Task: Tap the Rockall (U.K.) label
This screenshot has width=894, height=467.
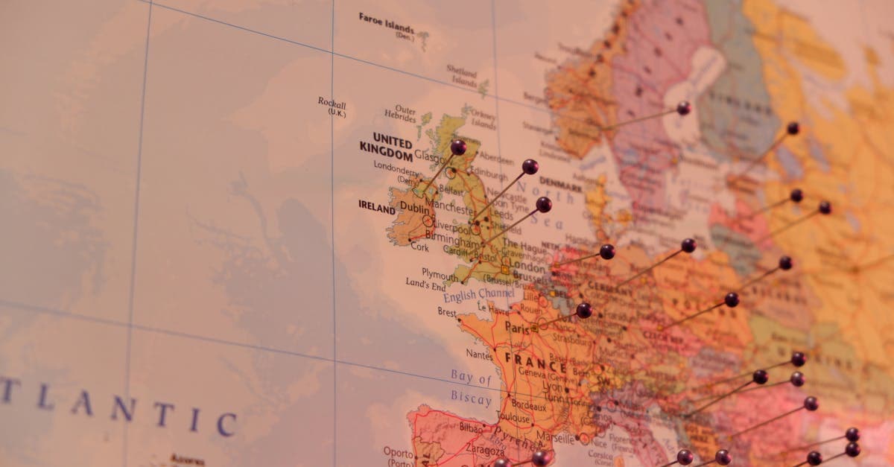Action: [x=332, y=106]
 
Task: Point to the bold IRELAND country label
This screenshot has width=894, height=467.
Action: [x=376, y=206]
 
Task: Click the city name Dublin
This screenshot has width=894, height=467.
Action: [x=414, y=208]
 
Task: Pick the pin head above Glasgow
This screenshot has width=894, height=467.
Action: [x=458, y=147]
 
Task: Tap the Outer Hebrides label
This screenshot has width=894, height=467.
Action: [x=402, y=113]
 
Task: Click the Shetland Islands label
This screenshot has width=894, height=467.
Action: [x=462, y=75]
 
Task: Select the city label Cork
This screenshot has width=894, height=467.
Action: [x=419, y=247]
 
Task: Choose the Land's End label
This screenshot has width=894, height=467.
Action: [x=425, y=284]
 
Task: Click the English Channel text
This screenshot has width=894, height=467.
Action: [x=478, y=294]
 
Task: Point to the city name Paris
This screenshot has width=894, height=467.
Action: [x=516, y=326]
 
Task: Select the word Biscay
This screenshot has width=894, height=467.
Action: [x=470, y=399]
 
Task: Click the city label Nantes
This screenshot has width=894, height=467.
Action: [x=479, y=354]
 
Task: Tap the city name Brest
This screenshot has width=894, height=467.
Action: [x=447, y=311]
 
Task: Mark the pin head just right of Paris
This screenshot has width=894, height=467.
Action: [x=584, y=310]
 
